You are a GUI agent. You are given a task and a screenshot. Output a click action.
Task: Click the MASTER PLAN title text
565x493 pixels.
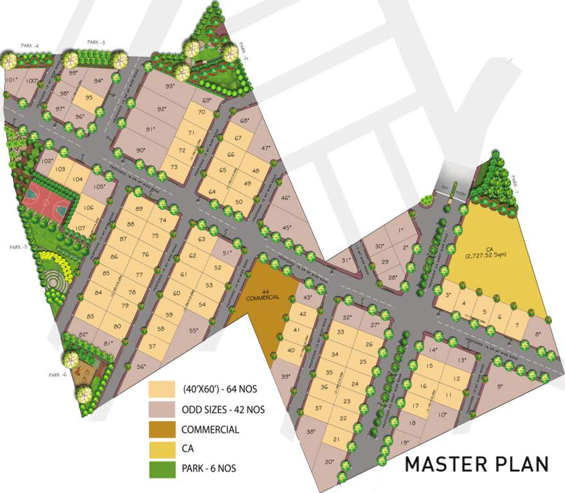[x=477, y=464]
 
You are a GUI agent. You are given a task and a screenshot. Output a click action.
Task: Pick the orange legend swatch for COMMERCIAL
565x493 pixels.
[x=162, y=429]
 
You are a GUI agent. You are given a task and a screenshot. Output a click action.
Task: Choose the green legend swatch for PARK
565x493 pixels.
[x=162, y=469]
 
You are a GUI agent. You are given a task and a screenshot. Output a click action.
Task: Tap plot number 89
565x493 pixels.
[x=139, y=210]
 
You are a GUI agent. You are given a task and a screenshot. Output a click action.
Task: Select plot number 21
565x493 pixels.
[x=336, y=439]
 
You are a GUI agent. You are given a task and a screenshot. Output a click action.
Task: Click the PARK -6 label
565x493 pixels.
[x=57, y=375]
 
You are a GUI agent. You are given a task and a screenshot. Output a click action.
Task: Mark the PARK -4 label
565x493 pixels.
[x=30, y=46]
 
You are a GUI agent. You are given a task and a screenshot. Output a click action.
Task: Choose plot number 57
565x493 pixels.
[x=152, y=347]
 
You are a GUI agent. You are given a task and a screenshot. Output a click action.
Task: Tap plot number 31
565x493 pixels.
[x=346, y=261]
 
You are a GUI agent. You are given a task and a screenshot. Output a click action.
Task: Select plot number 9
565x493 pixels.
[x=500, y=386]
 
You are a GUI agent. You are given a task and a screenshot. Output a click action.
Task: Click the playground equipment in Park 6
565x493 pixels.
[x=81, y=372]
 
